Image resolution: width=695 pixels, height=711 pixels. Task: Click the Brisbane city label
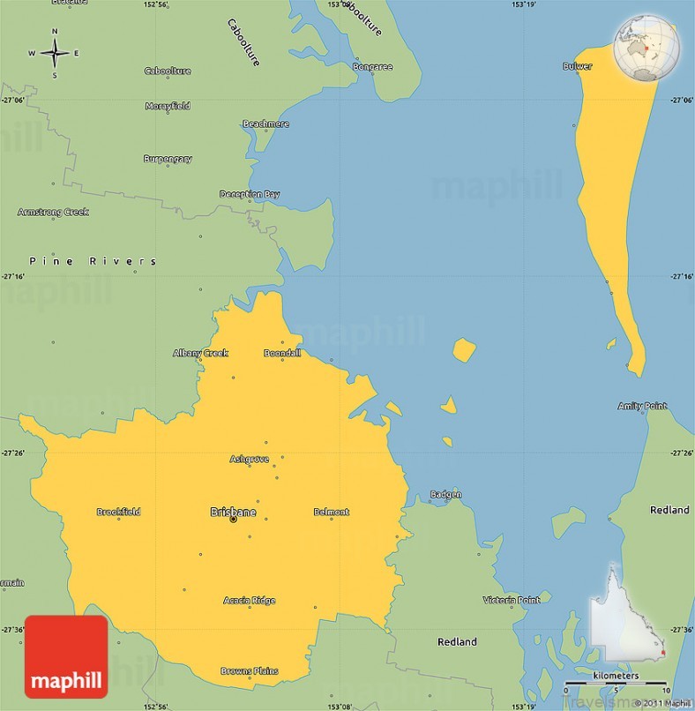pos(234,512)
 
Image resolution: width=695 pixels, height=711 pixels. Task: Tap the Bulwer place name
pos(578,66)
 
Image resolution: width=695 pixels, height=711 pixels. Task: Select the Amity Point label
pos(642,406)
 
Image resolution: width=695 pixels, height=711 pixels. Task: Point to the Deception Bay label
pos(250,194)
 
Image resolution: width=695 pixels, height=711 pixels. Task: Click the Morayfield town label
pos(168,106)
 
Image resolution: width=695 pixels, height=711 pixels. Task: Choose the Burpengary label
pos(168,159)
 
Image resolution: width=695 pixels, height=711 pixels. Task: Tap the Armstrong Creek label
pos(53,212)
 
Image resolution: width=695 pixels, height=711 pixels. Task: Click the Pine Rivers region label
pos(93,261)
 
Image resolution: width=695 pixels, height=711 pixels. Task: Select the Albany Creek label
pos(200,353)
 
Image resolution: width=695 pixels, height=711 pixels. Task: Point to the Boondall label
pos(282,353)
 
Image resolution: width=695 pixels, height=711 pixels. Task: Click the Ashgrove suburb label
pos(250,459)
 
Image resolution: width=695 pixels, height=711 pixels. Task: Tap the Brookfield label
pos(118,512)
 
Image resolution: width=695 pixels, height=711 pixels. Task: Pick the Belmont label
pos(332,512)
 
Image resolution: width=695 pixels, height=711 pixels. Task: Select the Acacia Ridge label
pos(250,601)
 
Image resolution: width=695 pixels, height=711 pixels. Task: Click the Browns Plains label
pos(250,670)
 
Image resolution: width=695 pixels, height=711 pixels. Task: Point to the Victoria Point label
pos(512,600)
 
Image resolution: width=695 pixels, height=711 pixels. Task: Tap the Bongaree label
pos(372,66)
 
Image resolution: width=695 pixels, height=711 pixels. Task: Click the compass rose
pos(54,53)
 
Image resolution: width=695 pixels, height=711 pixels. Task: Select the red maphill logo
pos(66,657)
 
